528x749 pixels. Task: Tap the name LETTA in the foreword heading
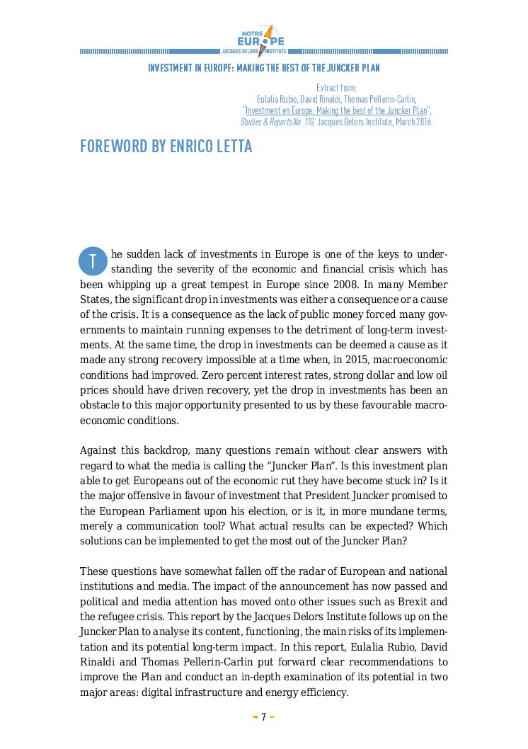coord(229,147)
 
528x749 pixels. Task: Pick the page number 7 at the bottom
coord(263,717)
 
